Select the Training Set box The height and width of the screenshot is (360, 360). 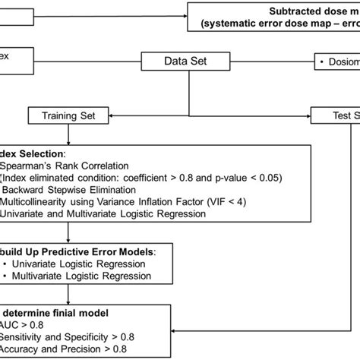[x=69, y=116]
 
